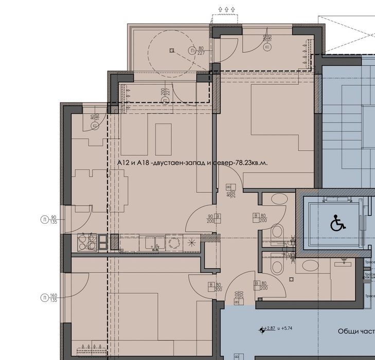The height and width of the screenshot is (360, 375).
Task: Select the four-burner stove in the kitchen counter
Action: click(x=87, y=242)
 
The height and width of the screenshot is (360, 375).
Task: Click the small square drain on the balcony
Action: click(x=170, y=50)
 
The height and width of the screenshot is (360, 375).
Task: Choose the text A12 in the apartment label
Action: click(x=123, y=163)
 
